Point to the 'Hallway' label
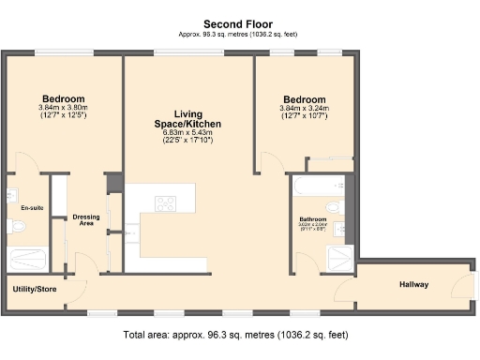(413, 284)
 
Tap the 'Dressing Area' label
(86, 220)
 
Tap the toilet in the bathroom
(335, 206)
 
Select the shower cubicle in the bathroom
(337, 259)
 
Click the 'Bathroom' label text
(313, 219)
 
